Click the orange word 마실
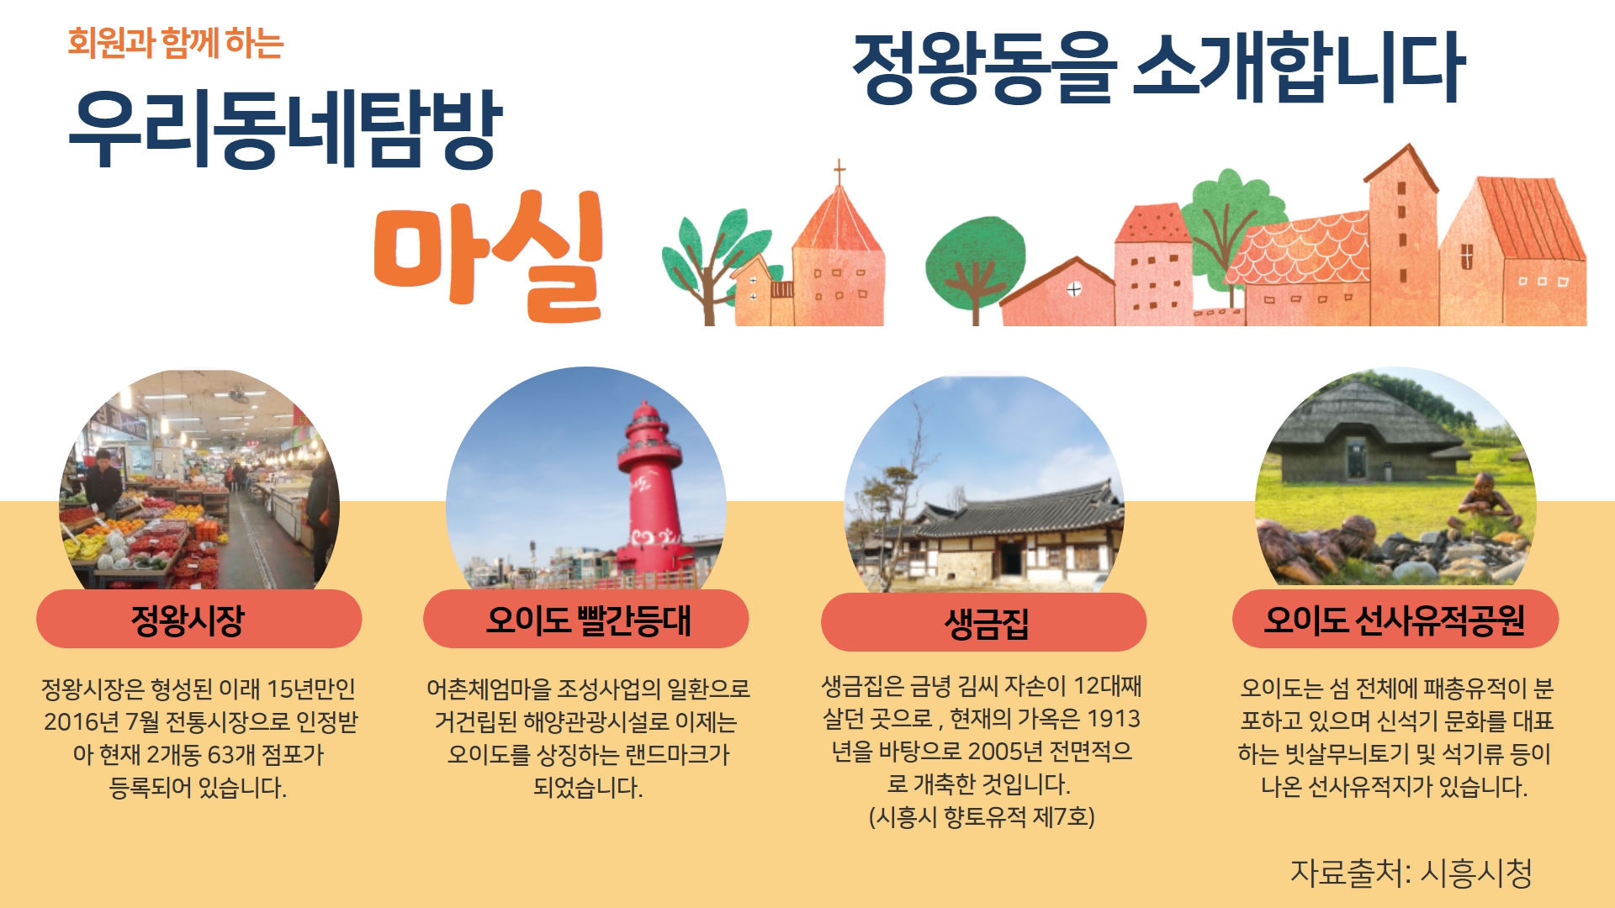click(489, 256)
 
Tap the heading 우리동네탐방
click(285, 128)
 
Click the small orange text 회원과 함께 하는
click(176, 43)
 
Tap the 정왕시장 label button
click(199, 619)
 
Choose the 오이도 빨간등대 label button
click(586, 619)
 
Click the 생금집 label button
click(984, 622)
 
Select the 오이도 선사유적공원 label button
click(1395, 619)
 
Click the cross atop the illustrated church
click(839, 172)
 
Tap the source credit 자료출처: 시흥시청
click(1411, 873)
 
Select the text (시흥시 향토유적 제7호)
click(982, 816)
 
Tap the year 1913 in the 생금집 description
click(1114, 719)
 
